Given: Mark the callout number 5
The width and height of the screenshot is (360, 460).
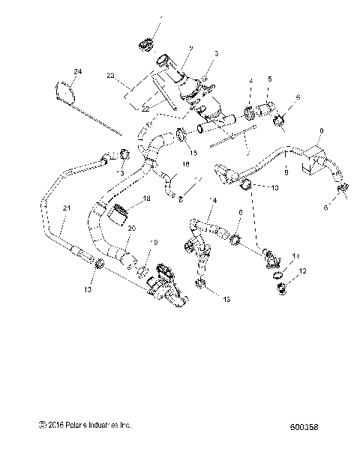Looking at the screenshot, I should [270, 79].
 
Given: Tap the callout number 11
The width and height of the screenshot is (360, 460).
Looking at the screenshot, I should [296, 256].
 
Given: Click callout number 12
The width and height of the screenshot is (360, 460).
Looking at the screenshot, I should [302, 271].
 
